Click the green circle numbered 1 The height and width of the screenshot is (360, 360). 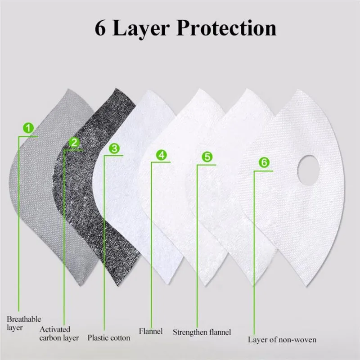pyautogui.click(x=29, y=129)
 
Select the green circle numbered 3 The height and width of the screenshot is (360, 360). pyautogui.click(x=114, y=148)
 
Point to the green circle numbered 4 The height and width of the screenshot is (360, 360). pyautogui.click(x=161, y=155)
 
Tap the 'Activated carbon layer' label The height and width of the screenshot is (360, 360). pyautogui.click(x=58, y=333)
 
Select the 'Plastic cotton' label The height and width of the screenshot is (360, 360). pyautogui.click(x=108, y=337)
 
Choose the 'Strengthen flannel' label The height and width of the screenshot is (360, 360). pyautogui.click(x=202, y=333)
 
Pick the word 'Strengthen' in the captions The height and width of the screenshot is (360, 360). pyautogui.click(x=190, y=333)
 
